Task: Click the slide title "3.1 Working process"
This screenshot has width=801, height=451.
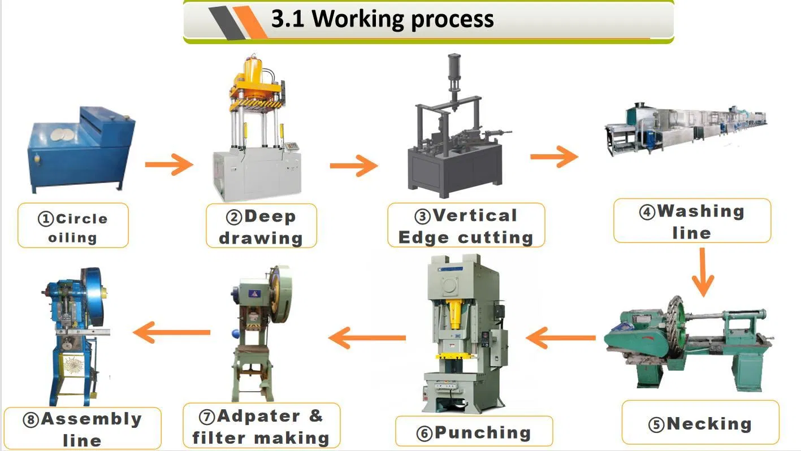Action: pos(382,19)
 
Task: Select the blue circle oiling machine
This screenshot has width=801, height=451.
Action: pos(81,150)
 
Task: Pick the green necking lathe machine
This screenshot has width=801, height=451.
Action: pos(689,344)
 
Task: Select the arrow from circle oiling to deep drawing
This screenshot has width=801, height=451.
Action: pos(169,164)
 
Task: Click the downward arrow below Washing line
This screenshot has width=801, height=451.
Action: pos(703,272)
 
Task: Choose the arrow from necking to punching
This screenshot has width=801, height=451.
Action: pos(561,337)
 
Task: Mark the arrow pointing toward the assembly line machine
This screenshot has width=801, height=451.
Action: pos(171,332)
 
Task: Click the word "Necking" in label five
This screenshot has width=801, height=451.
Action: pos(709,424)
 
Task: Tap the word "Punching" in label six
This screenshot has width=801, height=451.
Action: pos(483,433)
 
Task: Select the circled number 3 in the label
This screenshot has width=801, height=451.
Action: pos(422,216)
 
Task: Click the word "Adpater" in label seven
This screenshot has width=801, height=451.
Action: pos(258,416)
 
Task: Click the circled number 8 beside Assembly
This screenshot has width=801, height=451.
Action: pos(31,420)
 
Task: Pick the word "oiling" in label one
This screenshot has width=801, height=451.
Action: pos(72,238)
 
